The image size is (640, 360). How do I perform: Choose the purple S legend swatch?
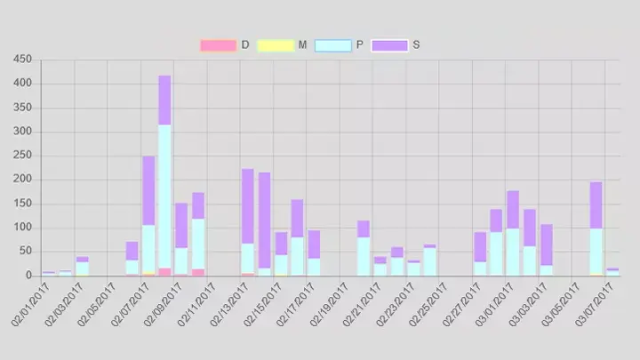point(389,45)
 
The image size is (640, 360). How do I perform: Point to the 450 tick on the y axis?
point(23,60)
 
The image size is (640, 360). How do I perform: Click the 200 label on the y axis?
point(23,180)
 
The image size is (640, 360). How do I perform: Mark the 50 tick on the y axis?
point(26,252)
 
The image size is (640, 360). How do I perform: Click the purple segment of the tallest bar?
point(164,100)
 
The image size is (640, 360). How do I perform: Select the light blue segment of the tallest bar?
point(164,196)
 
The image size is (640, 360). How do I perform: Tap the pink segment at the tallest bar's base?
point(164,272)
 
